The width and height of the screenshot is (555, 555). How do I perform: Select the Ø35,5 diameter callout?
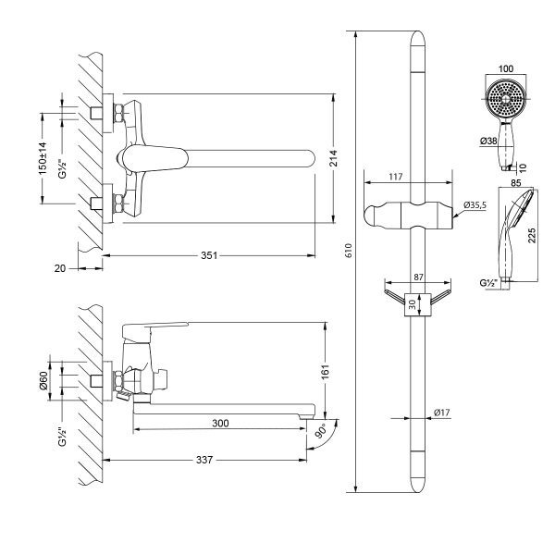point(475,204)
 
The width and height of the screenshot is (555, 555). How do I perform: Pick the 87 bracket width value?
point(416,277)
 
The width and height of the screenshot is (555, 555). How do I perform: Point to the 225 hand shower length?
point(533,236)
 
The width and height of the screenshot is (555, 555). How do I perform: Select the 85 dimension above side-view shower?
point(515,182)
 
